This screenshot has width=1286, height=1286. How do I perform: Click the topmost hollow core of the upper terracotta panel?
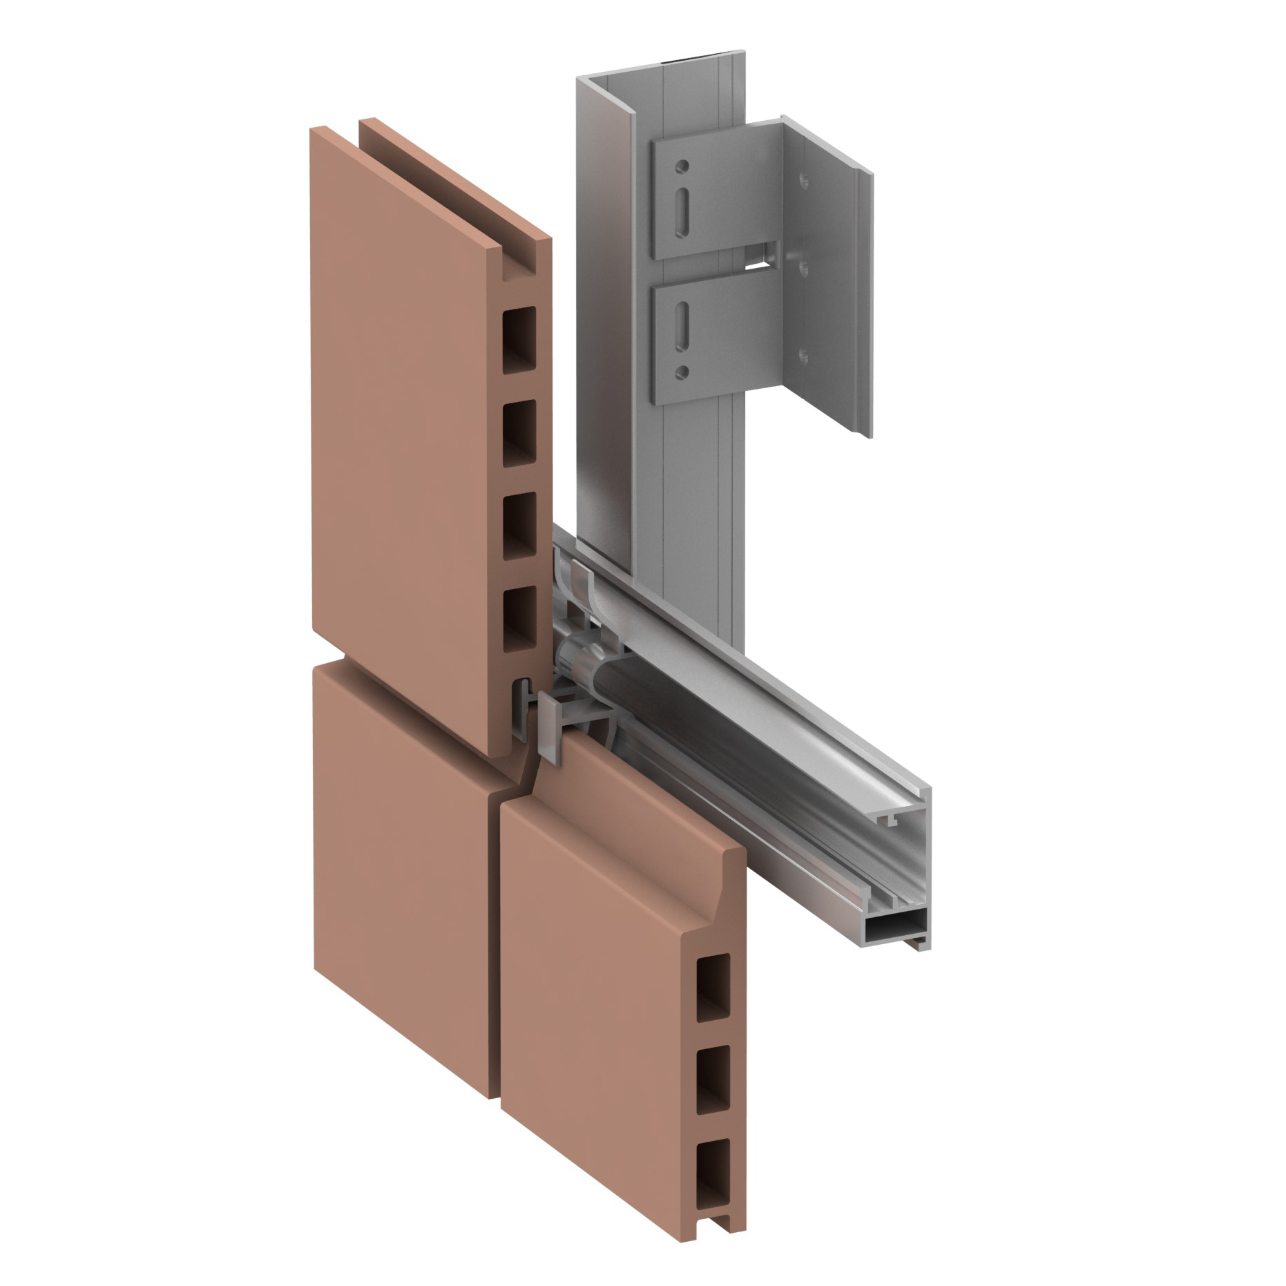coord(519,340)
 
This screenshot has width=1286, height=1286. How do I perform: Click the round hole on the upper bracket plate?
coord(682,166)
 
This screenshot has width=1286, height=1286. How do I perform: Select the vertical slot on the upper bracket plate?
coord(682,205)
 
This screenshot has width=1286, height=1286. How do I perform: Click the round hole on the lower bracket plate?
coord(682,372)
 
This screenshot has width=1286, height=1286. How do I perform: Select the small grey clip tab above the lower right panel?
coord(551,728)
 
